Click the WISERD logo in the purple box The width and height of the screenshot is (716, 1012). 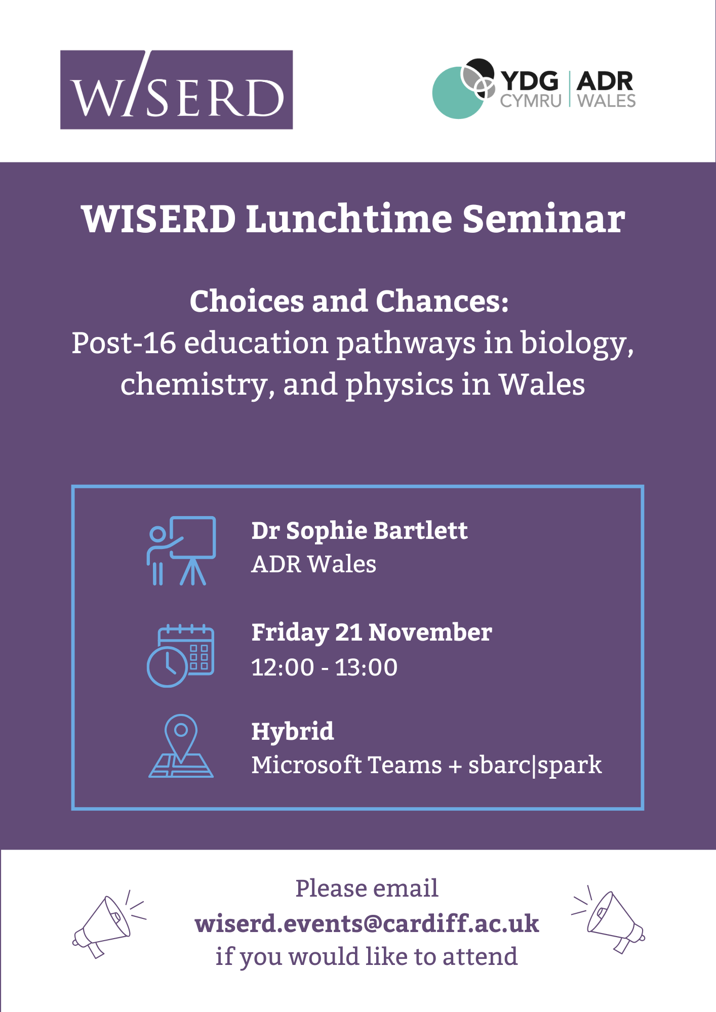[x=176, y=90]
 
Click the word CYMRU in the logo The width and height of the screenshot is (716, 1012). [x=531, y=101]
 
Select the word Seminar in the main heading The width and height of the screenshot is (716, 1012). [x=544, y=219]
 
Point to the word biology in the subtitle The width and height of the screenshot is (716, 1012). [x=577, y=344]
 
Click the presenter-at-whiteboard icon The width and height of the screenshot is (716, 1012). [x=181, y=551]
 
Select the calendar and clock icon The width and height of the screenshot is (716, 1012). [x=180, y=655]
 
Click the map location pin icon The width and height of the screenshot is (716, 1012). [x=181, y=745]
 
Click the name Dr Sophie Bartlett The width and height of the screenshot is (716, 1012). [x=360, y=531]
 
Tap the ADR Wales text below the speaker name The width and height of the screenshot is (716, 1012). [x=314, y=564]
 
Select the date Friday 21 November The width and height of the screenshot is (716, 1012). [x=372, y=633]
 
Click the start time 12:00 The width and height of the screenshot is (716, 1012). [x=283, y=667]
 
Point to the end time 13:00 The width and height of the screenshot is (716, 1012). [x=366, y=667]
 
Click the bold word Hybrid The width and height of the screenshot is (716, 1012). [x=293, y=732]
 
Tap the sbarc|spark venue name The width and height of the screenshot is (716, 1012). [x=535, y=766]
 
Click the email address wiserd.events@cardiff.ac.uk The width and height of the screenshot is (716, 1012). [x=367, y=923]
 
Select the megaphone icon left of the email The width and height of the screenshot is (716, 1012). [x=109, y=924]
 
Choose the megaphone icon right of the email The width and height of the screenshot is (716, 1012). [x=608, y=920]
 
